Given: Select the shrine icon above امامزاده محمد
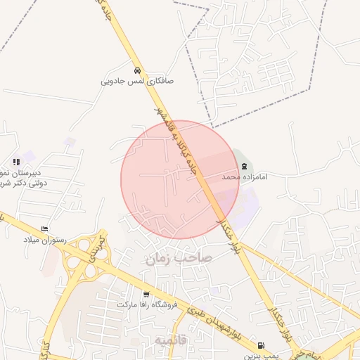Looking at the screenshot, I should [244, 167].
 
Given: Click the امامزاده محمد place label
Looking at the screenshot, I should [241, 177].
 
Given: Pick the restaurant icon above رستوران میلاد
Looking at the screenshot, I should [45, 229].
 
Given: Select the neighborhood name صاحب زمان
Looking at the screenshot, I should [179, 259].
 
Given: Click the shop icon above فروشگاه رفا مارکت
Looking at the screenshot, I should [146, 295].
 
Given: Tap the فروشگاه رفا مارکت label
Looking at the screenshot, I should [146, 305].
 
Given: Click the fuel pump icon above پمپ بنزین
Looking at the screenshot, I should [262, 346].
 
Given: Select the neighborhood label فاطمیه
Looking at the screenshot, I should [172, 340].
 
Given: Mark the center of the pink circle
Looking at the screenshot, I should [180, 179].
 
